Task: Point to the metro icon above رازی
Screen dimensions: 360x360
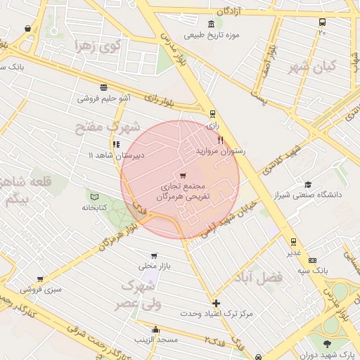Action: point(212,113)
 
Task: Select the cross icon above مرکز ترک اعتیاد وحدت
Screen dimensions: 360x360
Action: point(216,303)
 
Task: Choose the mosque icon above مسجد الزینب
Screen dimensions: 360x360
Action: point(155,329)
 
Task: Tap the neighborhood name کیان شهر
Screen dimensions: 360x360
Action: point(313,67)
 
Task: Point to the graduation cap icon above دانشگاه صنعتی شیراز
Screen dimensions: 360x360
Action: point(308,184)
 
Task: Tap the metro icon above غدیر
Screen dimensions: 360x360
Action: point(293,241)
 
